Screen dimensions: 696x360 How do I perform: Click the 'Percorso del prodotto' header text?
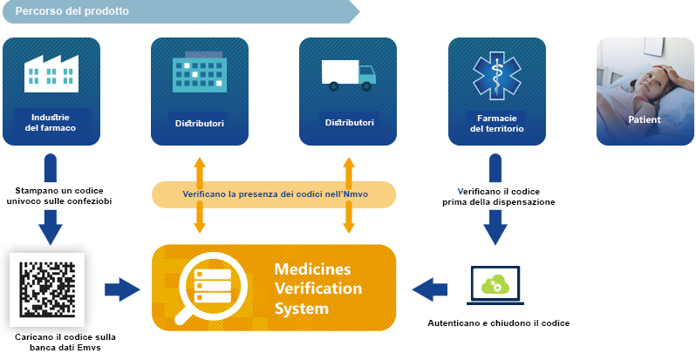pos(72,11)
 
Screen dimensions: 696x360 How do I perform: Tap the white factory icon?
pos(51,73)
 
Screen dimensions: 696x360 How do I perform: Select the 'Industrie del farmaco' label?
pos(54,123)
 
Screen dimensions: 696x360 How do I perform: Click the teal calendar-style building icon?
pos(200,71)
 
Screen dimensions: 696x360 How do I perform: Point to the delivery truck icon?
pos(349,75)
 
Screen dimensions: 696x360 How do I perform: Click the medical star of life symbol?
pos(496,75)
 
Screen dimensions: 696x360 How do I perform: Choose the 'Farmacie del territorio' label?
pos(496,124)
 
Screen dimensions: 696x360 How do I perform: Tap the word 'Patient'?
pos(645,119)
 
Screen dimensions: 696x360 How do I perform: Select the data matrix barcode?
pos(47,289)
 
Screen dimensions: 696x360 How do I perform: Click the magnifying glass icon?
pos(209,289)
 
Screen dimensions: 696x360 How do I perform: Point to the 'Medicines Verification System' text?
pos(317,289)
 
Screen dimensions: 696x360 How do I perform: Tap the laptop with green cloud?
pos(495,286)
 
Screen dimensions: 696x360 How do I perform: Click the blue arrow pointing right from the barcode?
pos(122,289)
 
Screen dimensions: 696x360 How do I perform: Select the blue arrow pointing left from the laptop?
pos(430,289)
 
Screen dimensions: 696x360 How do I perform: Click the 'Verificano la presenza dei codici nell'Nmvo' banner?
pos(274,194)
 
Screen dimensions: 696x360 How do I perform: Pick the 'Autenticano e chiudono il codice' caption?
pos(499,323)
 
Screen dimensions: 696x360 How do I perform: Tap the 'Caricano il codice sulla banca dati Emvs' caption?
pos(65,343)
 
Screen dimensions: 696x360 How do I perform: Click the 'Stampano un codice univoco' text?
pos(59,191)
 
